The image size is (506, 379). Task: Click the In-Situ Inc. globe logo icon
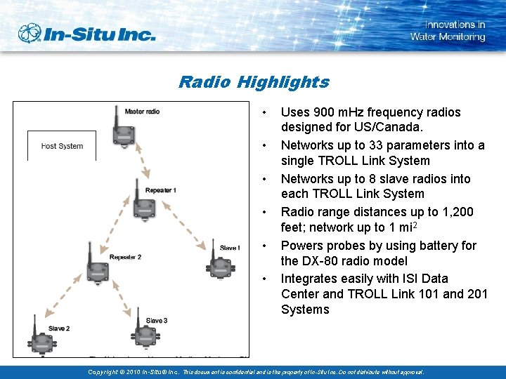tap(30, 33)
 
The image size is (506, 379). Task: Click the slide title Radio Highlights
tap(253, 82)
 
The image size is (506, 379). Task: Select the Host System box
tap(62, 145)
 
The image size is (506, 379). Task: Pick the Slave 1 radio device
tap(216, 265)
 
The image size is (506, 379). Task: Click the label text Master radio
tap(142, 112)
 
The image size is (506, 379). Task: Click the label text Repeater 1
tap(160, 190)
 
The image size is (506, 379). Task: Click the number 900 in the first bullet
tap(321, 112)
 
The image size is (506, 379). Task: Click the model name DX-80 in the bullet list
tap(321, 261)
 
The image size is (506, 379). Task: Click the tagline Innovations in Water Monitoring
tap(448, 31)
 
